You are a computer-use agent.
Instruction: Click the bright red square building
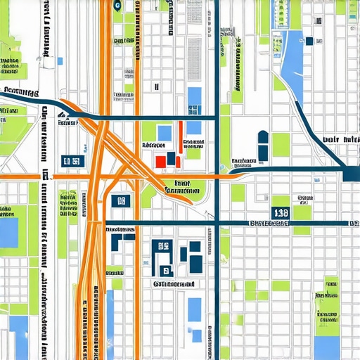point(160,161)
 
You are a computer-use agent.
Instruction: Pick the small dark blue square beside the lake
point(309,41)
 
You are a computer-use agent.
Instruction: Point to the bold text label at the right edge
point(337,140)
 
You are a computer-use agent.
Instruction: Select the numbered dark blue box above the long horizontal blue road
point(281,212)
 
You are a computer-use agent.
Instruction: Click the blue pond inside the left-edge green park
point(8,233)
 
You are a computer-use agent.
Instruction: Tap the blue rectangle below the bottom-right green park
point(326,347)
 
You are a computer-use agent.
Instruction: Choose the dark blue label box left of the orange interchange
point(72,162)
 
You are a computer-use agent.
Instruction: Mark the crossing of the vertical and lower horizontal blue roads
point(217,224)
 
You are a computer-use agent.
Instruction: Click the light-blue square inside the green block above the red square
point(165,133)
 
